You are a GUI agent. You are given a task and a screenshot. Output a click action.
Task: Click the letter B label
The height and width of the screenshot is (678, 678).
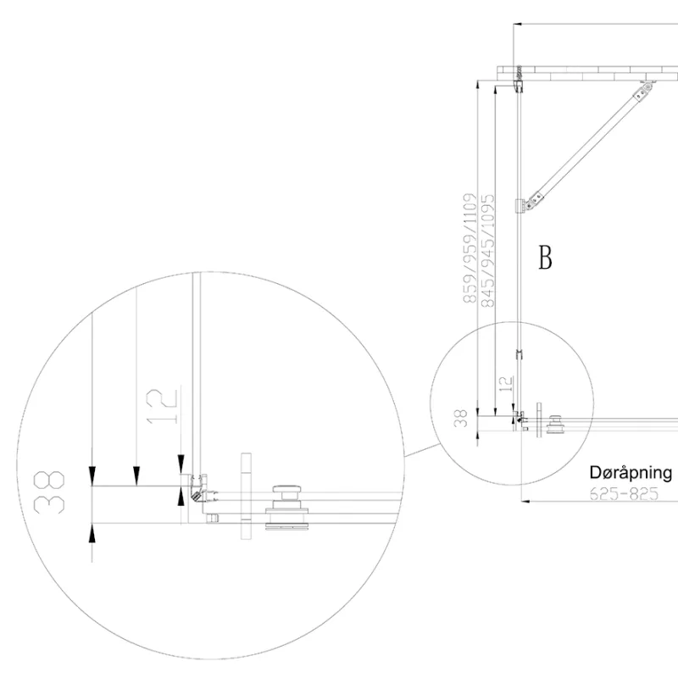click(x=545, y=258)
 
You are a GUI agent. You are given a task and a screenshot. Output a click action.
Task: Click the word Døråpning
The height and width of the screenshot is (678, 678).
click(x=631, y=473)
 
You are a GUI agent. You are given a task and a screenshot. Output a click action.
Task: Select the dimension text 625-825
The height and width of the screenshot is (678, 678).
click(x=624, y=493)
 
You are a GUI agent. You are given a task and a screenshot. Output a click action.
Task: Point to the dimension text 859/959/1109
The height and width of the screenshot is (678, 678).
click(x=470, y=248)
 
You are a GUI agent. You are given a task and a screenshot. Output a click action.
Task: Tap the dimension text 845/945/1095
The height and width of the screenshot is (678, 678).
click(x=487, y=250)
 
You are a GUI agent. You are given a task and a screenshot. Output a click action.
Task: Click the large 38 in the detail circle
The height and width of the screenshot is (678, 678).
click(x=49, y=492)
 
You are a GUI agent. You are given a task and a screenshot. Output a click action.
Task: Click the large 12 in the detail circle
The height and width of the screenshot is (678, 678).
click(x=162, y=406)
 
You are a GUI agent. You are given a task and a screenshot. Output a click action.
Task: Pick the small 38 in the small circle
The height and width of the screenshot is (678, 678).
click(x=461, y=418)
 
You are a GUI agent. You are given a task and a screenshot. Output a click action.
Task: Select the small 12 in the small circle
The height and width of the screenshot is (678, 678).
click(x=506, y=384)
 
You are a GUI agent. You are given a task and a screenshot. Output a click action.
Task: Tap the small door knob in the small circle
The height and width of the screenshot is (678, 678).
click(x=555, y=425)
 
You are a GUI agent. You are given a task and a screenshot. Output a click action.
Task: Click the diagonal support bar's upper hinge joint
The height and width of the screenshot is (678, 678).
click(x=643, y=91)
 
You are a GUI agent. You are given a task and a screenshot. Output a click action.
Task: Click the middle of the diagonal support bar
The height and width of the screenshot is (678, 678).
click(x=589, y=145)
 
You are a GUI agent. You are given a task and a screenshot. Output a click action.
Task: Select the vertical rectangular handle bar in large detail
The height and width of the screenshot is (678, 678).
click(x=246, y=496)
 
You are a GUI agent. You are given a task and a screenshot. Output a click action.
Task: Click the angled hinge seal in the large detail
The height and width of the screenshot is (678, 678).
click(x=197, y=495)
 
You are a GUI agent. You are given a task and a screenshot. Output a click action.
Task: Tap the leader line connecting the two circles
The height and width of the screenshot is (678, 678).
click(x=423, y=451)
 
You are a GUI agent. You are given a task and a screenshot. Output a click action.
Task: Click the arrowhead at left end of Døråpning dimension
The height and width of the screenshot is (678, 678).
click(x=525, y=502)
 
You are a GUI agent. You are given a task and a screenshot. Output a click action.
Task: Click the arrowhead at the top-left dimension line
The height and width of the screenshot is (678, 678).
click(x=518, y=25)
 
